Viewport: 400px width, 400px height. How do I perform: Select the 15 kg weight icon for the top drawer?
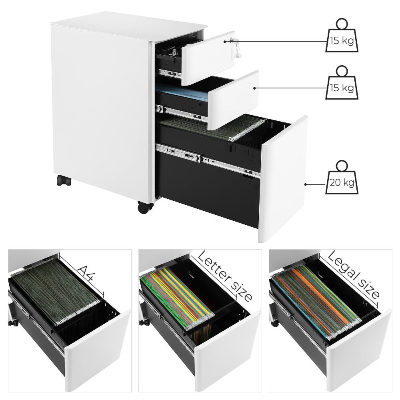[x=342, y=36]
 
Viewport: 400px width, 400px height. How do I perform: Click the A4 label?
[x=86, y=273]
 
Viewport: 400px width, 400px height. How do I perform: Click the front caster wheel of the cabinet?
[x=146, y=207]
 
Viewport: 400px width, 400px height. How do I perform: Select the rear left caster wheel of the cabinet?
[x=64, y=180]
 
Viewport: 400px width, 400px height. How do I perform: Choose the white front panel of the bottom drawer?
[x=283, y=179]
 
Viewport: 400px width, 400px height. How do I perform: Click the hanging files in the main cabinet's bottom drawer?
[x=214, y=127]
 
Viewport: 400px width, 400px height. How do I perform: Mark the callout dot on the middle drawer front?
[x=254, y=88]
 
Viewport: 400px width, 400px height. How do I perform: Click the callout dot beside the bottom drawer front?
[x=306, y=184]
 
